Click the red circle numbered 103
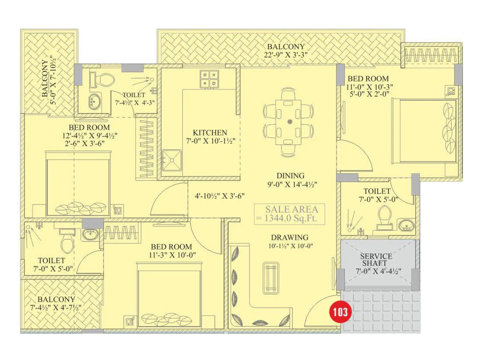[340, 312]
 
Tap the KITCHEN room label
[210, 133]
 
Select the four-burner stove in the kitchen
[209, 79]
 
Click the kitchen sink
[172, 160]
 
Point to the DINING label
[290, 175]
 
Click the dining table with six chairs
[288, 122]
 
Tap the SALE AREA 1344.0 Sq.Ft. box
[289, 214]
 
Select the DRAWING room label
[289, 237]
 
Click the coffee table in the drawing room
[271, 278]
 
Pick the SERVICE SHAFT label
[376, 259]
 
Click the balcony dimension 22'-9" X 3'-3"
[286, 55]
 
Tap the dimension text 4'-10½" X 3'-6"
[220, 196]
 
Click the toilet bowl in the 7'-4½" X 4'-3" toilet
[105, 80]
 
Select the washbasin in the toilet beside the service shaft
[406, 225]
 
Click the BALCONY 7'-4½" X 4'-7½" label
[56, 303]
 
